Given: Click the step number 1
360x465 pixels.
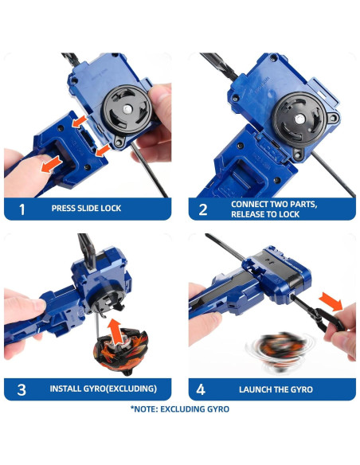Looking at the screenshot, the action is pyautogui.click(x=22, y=209).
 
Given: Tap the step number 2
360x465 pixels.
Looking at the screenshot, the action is pyautogui.click(x=203, y=209).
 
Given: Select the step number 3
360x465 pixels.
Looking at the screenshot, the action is pyautogui.click(x=22, y=389).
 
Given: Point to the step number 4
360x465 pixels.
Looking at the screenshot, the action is pyautogui.click(x=201, y=389).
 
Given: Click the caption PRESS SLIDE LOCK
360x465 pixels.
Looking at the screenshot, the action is pyautogui.click(x=86, y=208).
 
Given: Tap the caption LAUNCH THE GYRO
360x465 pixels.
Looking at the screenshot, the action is pyautogui.click(x=276, y=389).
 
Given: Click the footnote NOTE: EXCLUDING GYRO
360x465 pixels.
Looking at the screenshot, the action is pyautogui.click(x=180, y=409).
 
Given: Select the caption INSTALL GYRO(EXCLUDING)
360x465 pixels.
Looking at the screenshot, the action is pyautogui.click(x=104, y=389).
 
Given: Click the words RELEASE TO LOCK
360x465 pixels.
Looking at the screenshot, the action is pyautogui.click(x=265, y=214).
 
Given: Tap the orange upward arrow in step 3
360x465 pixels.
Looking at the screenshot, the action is pyautogui.click(x=114, y=331).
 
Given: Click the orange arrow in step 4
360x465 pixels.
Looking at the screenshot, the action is pyautogui.click(x=331, y=302).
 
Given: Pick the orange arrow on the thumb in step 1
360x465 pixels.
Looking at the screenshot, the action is pyautogui.click(x=51, y=165).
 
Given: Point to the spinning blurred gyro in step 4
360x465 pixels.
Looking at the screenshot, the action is pyautogui.click(x=279, y=352).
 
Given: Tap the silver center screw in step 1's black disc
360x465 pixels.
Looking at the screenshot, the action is pyautogui.click(x=127, y=109).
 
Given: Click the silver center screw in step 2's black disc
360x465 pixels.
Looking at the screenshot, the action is pyautogui.click(x=299, y=119).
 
